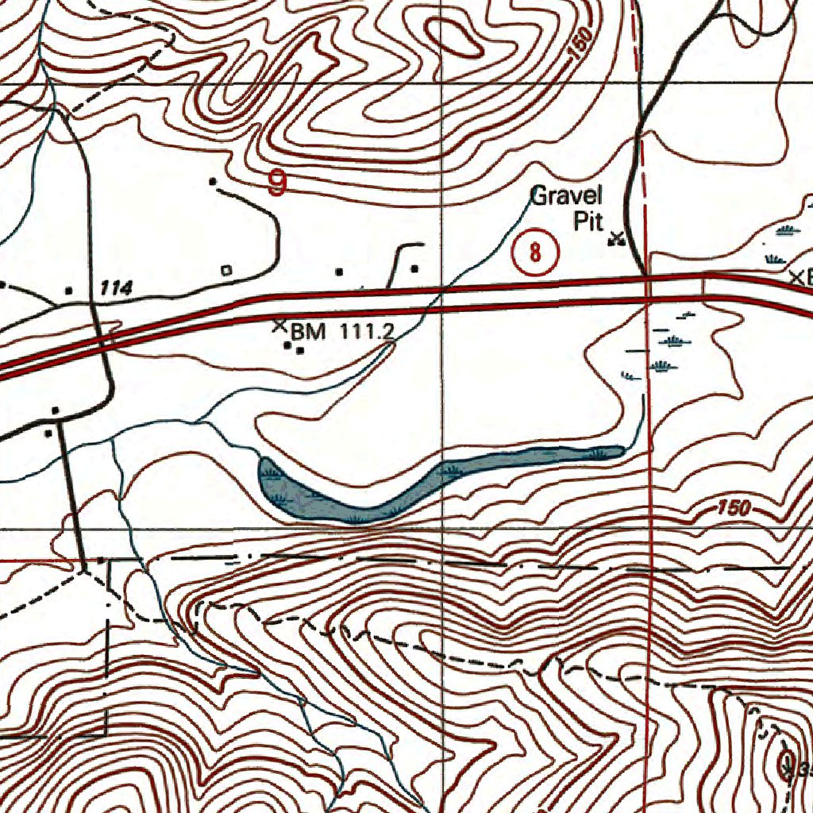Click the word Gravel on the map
click(x=566, y=195)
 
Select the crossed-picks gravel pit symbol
click(x=615, y=238)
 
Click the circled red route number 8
click(x=536, y=252)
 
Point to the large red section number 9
click(x=277, y=184)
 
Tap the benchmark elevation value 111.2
click(x=367, y=331)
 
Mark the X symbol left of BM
click(x=279, y=325)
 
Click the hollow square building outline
click(x=226, y=270)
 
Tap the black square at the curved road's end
click(x=213, y=182)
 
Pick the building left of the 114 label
click(x=68, y=291)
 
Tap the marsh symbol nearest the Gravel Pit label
click(x=786, y=230)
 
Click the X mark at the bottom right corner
click(x=787, y=769)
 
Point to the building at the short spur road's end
click(x=414, y=269)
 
